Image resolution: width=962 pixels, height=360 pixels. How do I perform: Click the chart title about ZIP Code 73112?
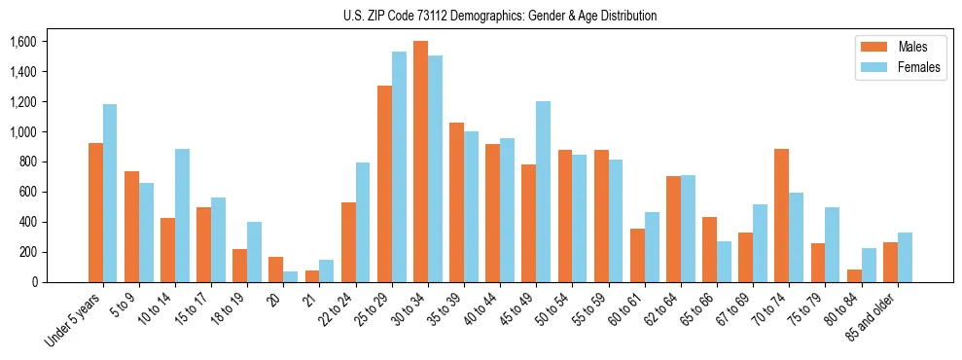coord(500,16)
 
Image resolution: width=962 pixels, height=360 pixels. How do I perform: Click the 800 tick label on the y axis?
coord(25,162)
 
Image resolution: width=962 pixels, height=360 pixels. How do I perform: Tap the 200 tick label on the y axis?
coord(25,252)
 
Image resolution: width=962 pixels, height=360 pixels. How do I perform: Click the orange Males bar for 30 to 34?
coord(420,162)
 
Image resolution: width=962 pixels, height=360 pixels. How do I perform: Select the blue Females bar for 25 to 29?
coord(399,166)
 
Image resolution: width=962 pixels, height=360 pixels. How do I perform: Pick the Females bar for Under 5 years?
coord(110,193)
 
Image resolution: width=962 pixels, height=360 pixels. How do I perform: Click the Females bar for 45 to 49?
coord(543,192)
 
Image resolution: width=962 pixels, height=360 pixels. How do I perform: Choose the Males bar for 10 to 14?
coord(167,250)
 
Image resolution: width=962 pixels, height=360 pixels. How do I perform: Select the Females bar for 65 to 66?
coord(724,262)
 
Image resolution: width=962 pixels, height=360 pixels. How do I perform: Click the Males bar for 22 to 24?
coord(348,242)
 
